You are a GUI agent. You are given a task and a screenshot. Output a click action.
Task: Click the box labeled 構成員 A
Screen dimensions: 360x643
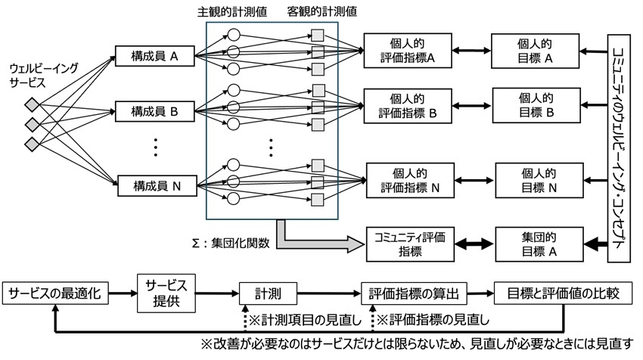coord(155,54)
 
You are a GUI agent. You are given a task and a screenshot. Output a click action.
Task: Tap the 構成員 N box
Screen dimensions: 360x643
coord(155,185)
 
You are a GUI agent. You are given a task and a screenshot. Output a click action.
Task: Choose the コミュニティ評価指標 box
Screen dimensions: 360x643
coord(407,244)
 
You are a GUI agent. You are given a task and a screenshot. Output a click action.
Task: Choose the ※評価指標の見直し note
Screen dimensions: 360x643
coord(427,319)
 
